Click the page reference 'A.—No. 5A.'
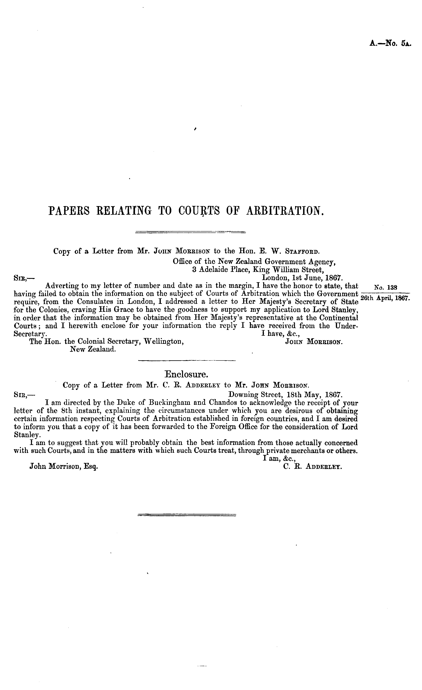click(390, 43)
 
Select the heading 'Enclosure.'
click(187, 374)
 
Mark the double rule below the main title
click(190, 232)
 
